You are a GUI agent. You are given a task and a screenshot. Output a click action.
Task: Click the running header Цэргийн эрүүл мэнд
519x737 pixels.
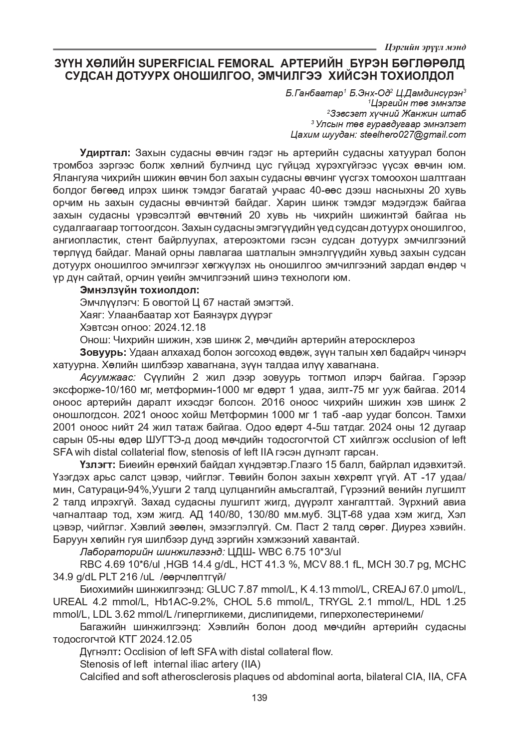[x=426, y=47]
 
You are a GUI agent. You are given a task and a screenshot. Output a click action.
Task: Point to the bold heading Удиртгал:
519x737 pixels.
[x=105, y=152]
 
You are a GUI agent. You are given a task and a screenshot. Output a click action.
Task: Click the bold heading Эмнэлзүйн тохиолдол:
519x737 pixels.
[x=140, y=289]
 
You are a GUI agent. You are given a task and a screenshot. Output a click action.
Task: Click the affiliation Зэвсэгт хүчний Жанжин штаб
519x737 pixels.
[x=398, y=113]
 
